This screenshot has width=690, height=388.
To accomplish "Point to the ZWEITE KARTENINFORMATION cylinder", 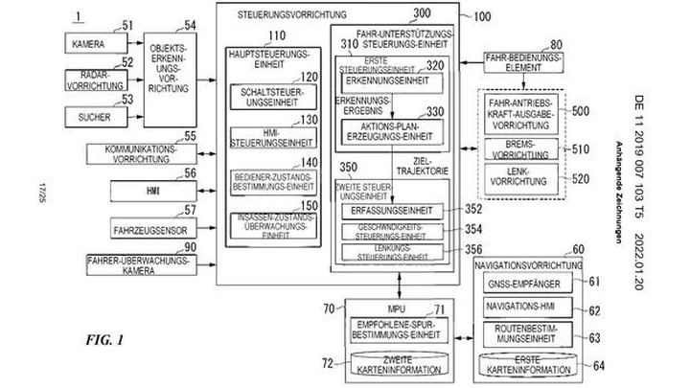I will click(389, 365).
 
